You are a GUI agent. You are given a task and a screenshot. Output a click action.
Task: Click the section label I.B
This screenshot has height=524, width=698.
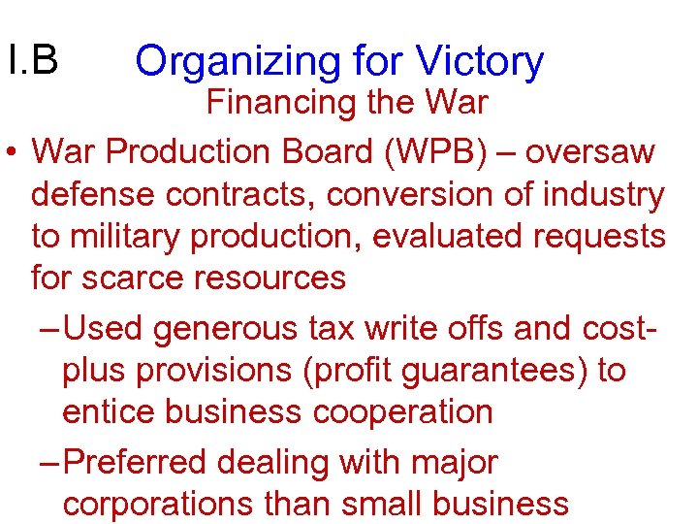[32, 60]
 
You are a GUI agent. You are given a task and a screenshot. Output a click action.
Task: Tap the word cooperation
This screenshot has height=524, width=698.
[403, 412]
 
